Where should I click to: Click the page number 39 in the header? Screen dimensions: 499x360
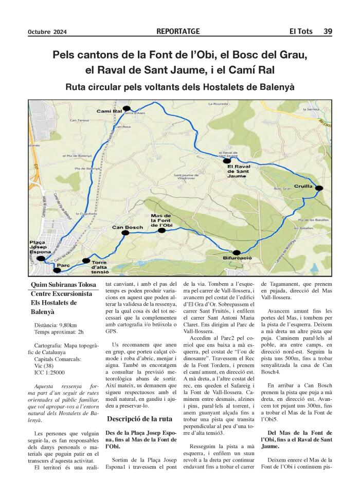(x=328, y=31)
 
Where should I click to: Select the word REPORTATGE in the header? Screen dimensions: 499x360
(x=178, y=31)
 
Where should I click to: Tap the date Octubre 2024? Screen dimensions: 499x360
(x=47, y=32)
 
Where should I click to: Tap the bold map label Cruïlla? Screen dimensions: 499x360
(x=303, y=186)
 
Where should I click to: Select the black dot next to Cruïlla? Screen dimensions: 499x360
(x=318, y=188)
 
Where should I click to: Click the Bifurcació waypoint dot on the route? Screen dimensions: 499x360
(x=236, y=252)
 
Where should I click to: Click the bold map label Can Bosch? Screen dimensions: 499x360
(x=127, y=227)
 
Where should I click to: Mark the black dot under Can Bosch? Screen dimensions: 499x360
(x=124, y=233)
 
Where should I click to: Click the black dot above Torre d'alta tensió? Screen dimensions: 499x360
(x=86, y=261)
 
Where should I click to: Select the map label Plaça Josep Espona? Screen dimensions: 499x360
(x=40, y=248)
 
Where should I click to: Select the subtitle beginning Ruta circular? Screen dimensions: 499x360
(x=180, y=87)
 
